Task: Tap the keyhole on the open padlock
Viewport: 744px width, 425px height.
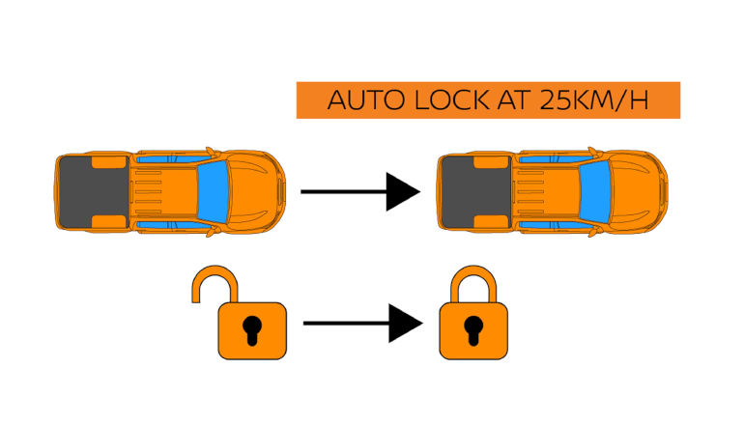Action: tap(249, 327)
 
